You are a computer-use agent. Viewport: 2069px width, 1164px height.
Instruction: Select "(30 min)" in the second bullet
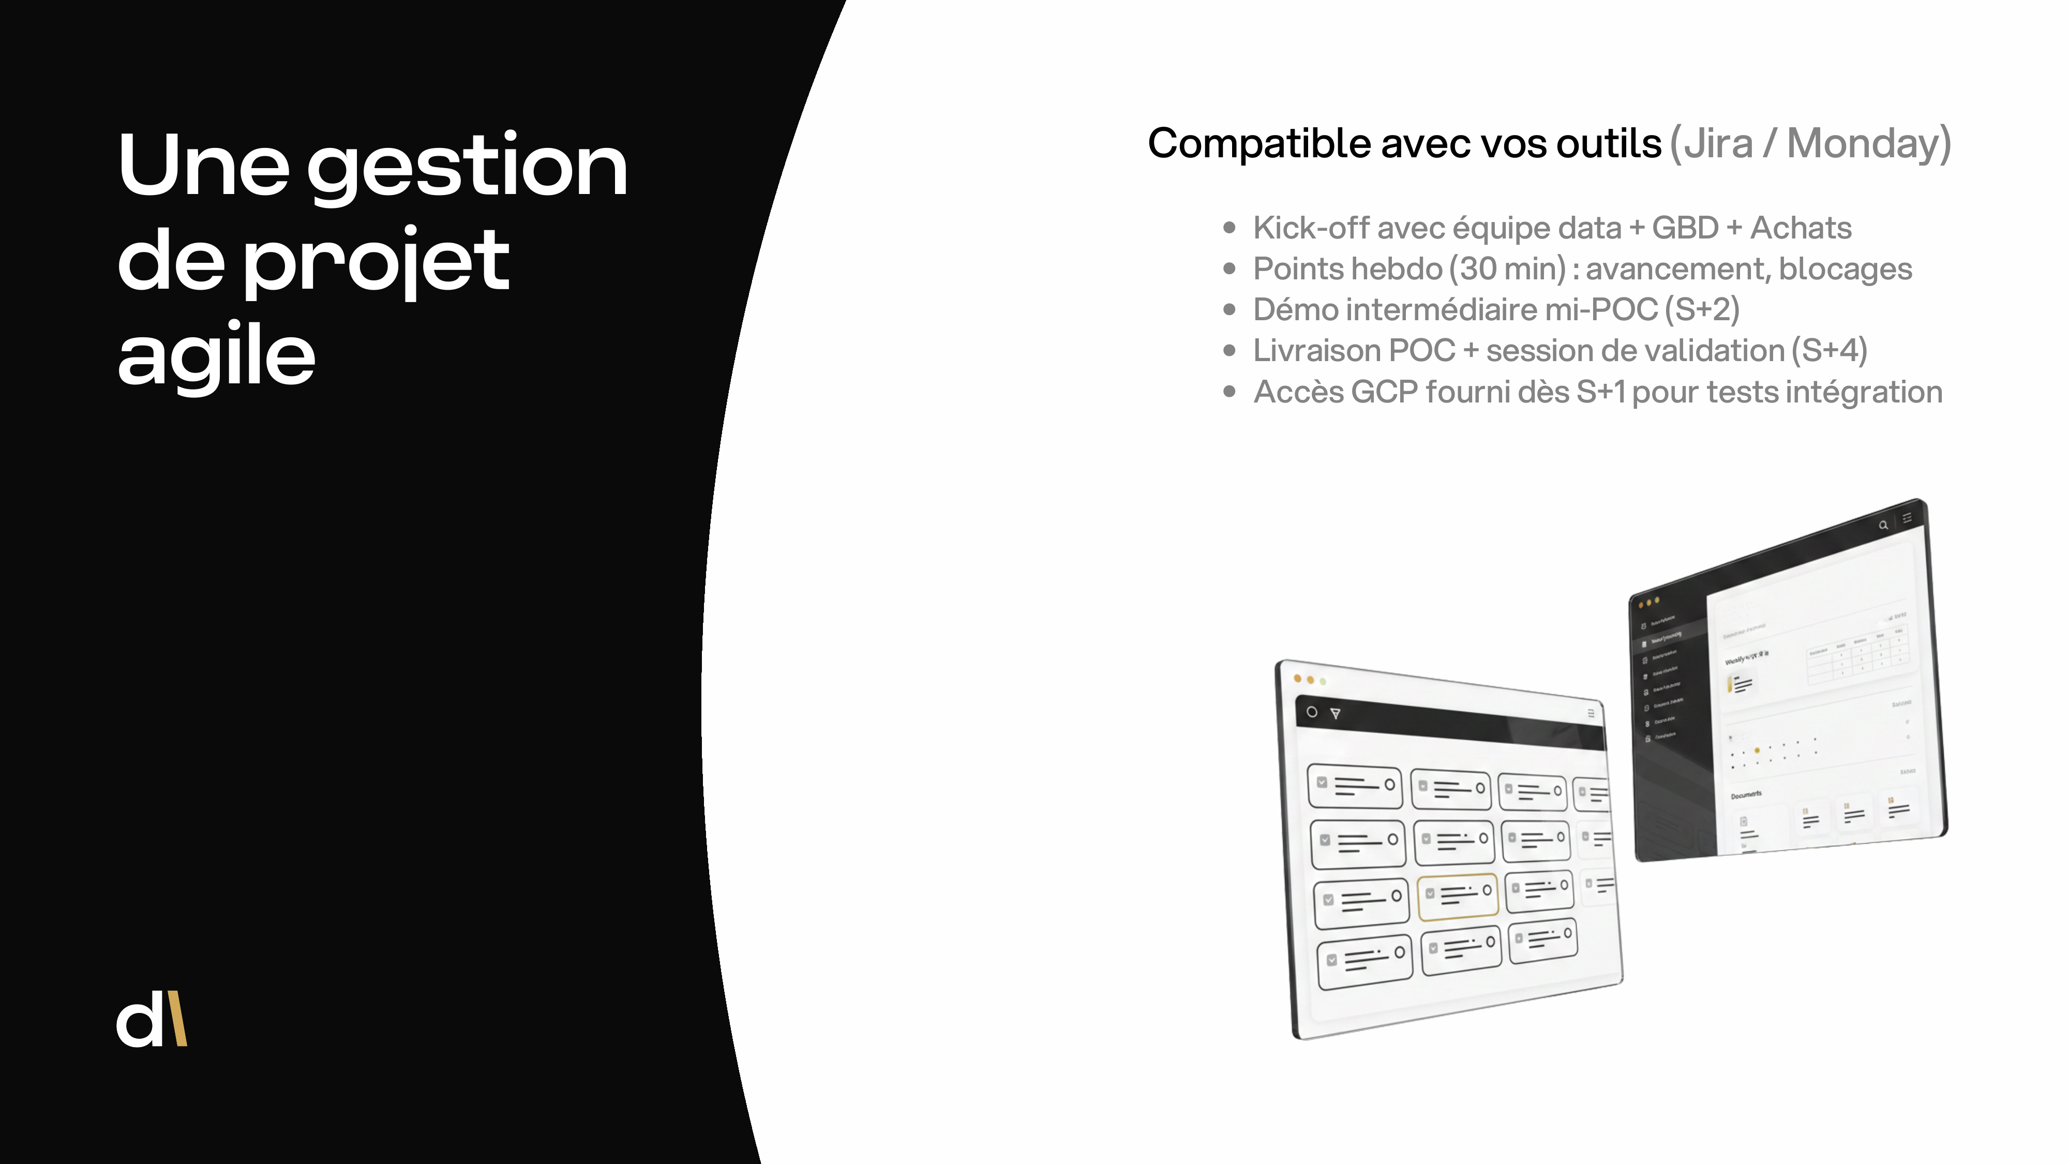tap(1508, 269)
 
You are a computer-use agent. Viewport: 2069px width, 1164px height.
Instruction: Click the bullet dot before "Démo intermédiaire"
tap(1229, 310)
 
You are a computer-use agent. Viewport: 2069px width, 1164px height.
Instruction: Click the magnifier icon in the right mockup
tap(1883, 526)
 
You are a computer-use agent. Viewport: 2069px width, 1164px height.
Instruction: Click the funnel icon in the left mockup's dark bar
tap(1335, 713)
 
